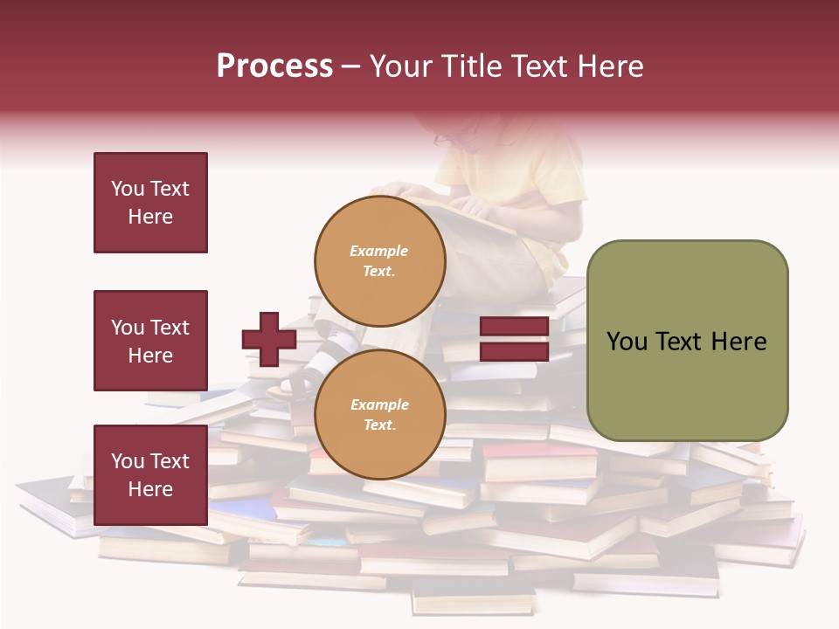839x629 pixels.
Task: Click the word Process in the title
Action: (274, 66)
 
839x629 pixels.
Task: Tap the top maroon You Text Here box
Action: (150, 203)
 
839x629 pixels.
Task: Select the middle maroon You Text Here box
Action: (150, 341)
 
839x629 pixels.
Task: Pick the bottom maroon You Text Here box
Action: (150, 475)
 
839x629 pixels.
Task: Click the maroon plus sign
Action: (269, 339)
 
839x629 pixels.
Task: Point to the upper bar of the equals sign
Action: (514, 326)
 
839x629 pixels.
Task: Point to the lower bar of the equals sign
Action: (514, 351)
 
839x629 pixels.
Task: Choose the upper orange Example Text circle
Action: (379, 261)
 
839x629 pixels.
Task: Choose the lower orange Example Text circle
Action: (379, 415)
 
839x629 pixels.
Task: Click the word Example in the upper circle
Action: (379, 251)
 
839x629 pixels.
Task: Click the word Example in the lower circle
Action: (379, 404)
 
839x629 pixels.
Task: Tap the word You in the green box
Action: (626, 342)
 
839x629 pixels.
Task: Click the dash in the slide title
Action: (351, 67)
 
